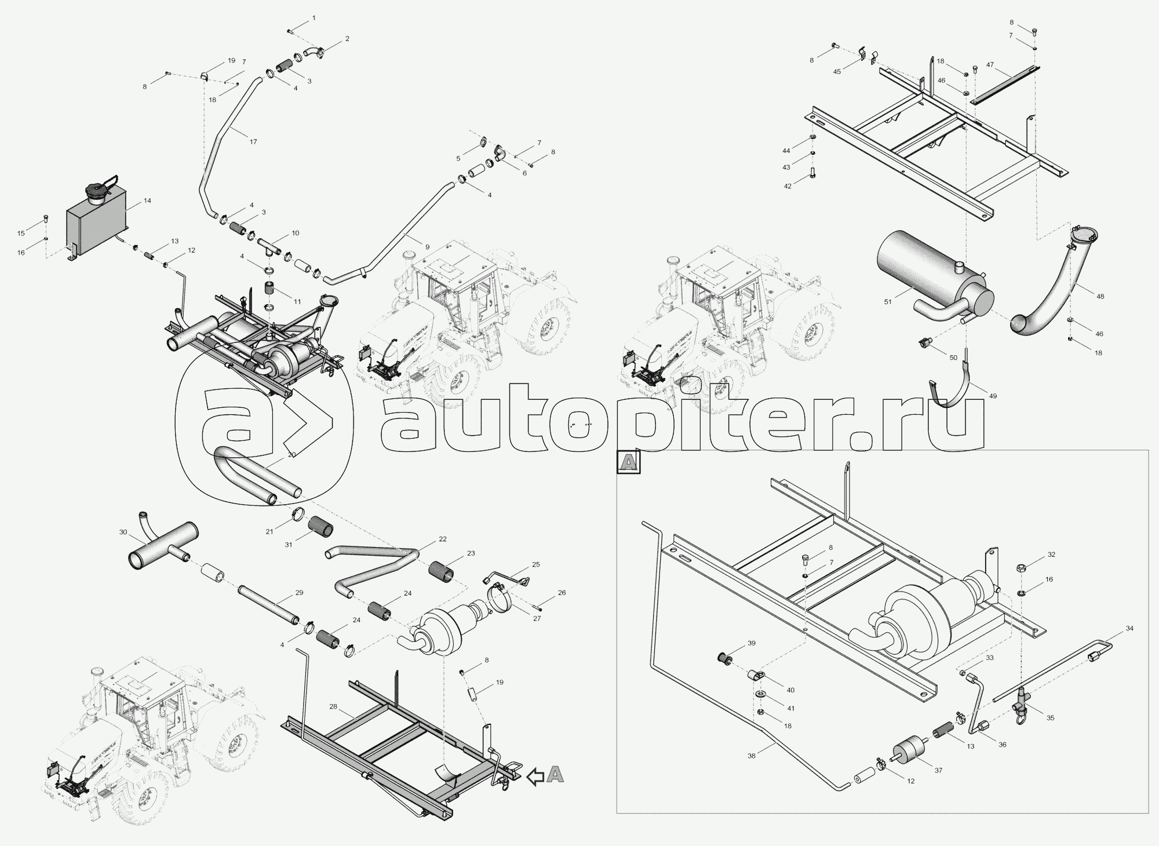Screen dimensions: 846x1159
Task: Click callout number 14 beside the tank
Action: tap(147, 200)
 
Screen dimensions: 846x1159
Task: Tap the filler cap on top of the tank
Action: tap(96, 191)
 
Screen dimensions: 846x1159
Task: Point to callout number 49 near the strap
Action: tap(993, 396)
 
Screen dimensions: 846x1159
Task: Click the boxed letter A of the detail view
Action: tap(628, 462)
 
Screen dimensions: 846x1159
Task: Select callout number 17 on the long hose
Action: tap(253, 141)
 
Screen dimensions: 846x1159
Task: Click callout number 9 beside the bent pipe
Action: tap(427, 247)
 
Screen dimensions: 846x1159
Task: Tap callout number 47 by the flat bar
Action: tap(990, 66)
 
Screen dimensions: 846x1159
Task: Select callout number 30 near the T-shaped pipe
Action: tap(122, 532)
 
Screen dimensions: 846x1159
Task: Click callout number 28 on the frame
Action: tap(333, 707)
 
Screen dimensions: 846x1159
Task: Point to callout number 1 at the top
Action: tap(314, 18)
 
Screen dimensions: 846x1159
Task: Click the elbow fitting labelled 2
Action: tap(314, 53)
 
